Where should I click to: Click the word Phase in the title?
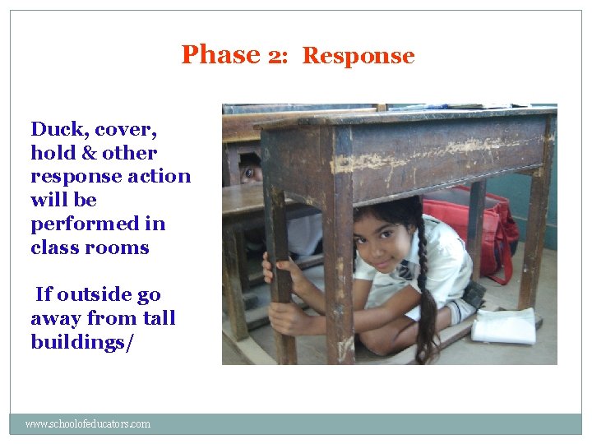coord(220,54)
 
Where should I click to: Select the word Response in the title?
coord(358,56)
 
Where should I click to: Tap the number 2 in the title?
coord(275,55)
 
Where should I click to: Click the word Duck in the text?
coord(58,129)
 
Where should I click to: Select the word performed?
coord(98,224)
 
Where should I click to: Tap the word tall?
coord(155,318)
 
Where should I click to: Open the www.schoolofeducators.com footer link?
coord(88,424)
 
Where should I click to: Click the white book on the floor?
coord(503,326)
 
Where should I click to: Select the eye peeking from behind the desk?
coord(248,173)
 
